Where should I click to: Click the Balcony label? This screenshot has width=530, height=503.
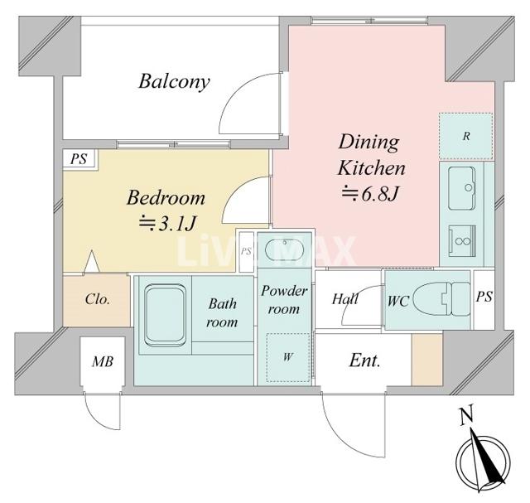tap(174, 82)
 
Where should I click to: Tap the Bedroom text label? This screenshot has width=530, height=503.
tap(166, 197)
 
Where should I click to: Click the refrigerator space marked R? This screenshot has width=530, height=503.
tap(465, 137)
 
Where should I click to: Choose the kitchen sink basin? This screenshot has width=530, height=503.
tap(462, 188)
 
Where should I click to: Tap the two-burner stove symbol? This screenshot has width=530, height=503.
tap(462, 241)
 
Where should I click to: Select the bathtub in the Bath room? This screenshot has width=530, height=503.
tap(165, 315)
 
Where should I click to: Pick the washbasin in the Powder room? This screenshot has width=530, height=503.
tap(285, 249)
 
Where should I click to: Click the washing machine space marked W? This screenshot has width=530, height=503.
tap(288, 357)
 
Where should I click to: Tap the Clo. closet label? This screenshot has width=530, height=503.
tap(98, 299)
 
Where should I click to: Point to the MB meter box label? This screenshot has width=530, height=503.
tap(103, 361)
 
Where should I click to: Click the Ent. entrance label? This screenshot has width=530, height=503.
tap(364, 360)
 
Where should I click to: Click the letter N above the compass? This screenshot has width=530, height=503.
tap(466, 414)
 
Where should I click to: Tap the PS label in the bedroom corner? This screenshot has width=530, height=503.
tap(79, 158)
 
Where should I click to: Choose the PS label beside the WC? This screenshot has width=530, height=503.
tap(484, 297)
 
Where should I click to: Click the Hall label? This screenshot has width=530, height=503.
tap(345, 299)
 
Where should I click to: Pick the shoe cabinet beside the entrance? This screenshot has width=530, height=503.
tap(427, 360)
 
